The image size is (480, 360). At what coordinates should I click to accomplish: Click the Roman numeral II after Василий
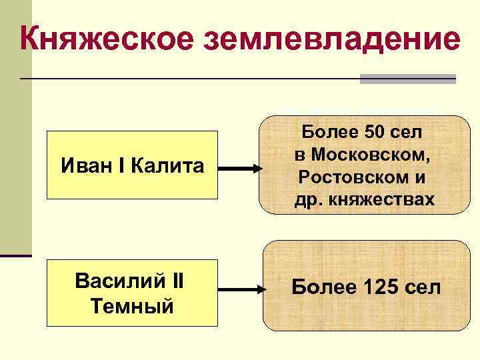[x=177, y=282]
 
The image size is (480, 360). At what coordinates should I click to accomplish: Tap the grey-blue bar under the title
[x=407, y=79]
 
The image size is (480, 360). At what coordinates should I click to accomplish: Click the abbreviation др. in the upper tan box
[x=308, y=199]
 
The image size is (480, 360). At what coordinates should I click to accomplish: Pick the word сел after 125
[x=422, y=288]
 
